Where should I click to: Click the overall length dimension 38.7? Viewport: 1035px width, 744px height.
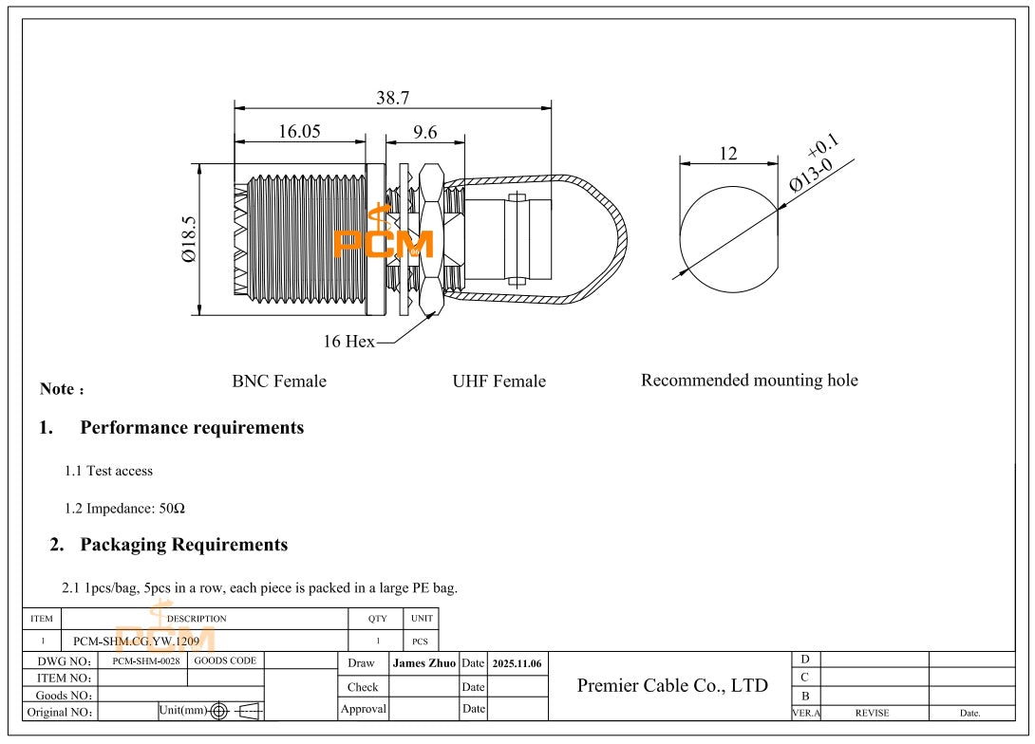[x=392, y=98]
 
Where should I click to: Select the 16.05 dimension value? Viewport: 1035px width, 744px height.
[x=299, y=132]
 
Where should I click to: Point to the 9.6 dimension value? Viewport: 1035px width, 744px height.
[x=424, y=132]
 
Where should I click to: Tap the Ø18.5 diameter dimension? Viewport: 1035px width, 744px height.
[x=189, y=239]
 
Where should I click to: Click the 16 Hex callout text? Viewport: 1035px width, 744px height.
[x=348, y=342]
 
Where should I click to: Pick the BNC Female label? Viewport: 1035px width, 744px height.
[x=279, y=381]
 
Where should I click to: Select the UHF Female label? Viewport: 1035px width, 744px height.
[x=499, y=381]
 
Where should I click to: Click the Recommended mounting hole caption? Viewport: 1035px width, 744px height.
[x=749, y=381]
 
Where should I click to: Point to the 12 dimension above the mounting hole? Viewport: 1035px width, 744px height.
[x=728, y=154]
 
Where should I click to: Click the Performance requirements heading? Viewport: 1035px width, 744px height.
[x=192, y=428]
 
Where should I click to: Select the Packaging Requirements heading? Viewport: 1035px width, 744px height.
[x=183, y=545]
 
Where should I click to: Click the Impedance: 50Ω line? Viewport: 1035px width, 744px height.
[x=124, y=509]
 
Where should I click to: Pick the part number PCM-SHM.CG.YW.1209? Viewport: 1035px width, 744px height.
[x=136, y=642]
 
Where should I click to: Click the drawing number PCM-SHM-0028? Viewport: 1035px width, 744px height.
[x=145, y=660]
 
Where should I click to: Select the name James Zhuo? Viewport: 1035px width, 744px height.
[x=423, y=663]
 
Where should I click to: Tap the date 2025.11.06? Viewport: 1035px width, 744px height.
[x=517, y=663]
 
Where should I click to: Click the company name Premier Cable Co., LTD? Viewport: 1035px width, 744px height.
[x=672, y=685]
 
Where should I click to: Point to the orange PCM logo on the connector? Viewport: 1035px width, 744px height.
[x=383, y=242]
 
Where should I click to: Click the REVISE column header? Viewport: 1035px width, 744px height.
[x=872, y=713]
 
